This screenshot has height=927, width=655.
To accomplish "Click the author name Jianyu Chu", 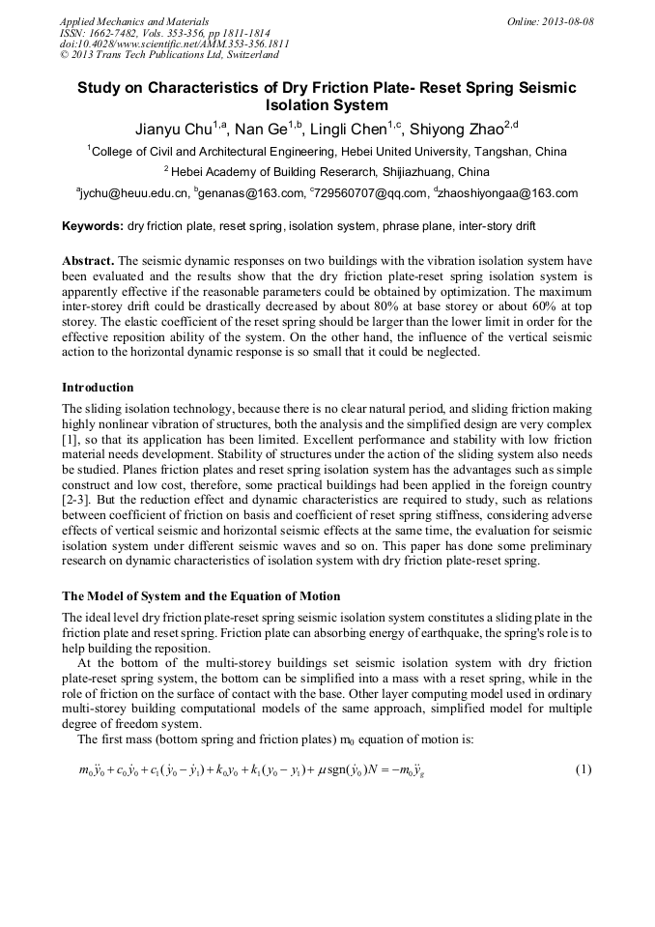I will (175, 129).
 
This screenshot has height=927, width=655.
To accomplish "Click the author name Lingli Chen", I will (353, 129).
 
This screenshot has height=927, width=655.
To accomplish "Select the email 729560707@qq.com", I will (371, 193).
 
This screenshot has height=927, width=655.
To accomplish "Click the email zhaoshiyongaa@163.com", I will (510, 193).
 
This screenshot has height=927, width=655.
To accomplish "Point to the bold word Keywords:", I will (92, 226).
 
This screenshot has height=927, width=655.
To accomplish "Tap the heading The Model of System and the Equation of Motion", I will (201, 595).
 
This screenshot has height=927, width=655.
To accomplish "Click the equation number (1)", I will (583, 770).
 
